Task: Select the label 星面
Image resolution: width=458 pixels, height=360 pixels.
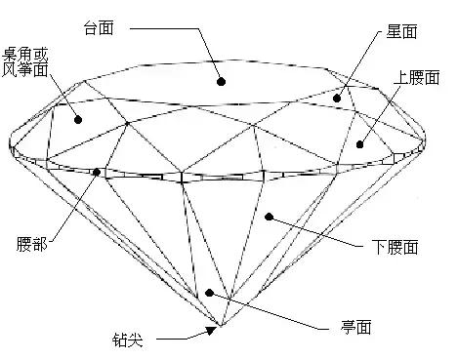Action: click(401, 32)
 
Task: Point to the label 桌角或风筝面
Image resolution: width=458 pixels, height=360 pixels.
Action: click(25, 60)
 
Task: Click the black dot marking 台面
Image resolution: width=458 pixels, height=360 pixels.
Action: click(222, 83)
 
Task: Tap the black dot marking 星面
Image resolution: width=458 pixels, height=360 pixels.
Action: click(338, 98)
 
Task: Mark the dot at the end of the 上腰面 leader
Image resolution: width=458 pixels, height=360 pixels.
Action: click(359, 144)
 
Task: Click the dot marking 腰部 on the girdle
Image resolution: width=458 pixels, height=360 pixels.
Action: click(97, 173)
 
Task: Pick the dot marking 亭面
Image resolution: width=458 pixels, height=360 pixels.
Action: click(208, 292)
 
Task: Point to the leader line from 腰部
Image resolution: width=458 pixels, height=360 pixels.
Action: click(68, 210)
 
